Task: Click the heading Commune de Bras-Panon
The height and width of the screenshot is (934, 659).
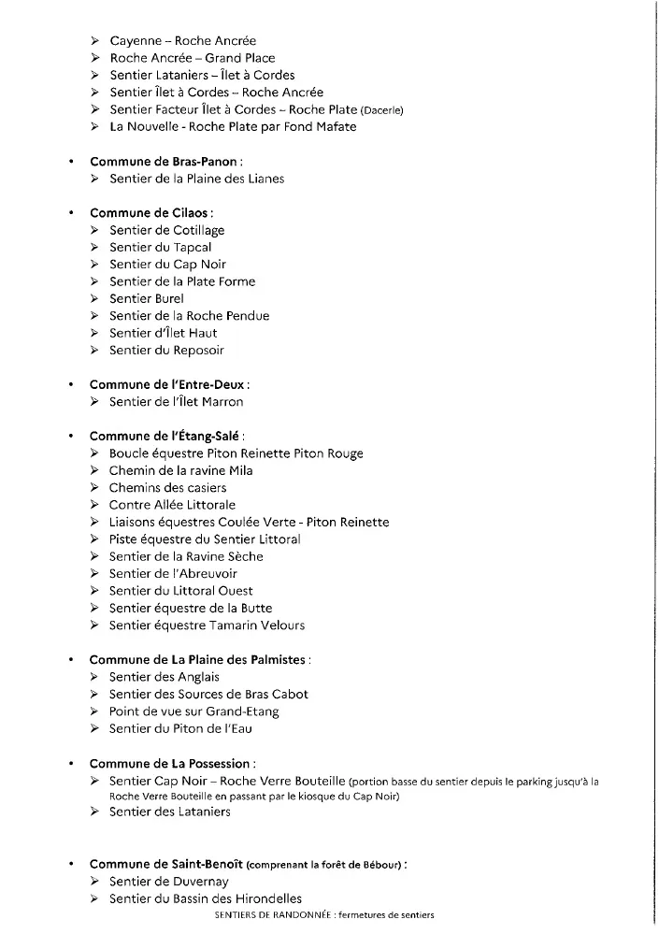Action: [163, 162]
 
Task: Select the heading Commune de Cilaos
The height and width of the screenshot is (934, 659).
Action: [144, 213]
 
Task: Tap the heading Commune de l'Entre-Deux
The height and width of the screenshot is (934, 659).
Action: [168, 384]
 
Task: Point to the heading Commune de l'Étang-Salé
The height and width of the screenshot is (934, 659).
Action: [165, 436]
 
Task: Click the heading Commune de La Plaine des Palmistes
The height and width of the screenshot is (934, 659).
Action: [197, 659]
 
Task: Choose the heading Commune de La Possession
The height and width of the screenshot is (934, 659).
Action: [171, 763]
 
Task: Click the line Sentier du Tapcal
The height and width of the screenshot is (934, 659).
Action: [160, 248]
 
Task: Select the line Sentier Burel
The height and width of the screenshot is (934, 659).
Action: [147, 298]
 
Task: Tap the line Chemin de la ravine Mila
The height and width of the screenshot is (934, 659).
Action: [180, 470]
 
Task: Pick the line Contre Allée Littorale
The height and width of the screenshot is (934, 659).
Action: [172, 505]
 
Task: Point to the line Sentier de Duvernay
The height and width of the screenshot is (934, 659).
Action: [168, 882]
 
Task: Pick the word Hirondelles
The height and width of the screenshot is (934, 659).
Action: [258, 899]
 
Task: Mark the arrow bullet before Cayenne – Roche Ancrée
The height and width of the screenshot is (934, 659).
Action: [95, 41]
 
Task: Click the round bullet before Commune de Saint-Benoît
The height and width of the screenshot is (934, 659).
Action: [71, 865]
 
